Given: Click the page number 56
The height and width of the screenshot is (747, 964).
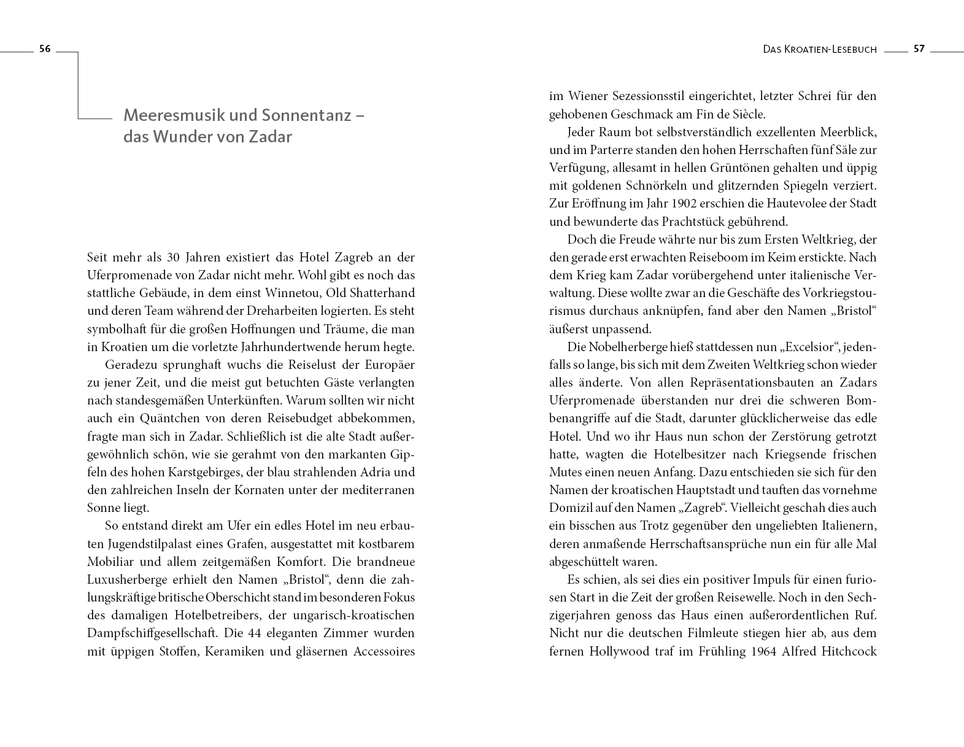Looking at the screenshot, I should (x=44, y=49).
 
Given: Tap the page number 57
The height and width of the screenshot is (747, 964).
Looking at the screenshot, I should (x=919, y=49).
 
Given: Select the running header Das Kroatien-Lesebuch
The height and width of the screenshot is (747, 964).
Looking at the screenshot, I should (x=820, y=50).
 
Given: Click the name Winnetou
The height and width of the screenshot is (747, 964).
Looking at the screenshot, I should (x=266, y=293).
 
